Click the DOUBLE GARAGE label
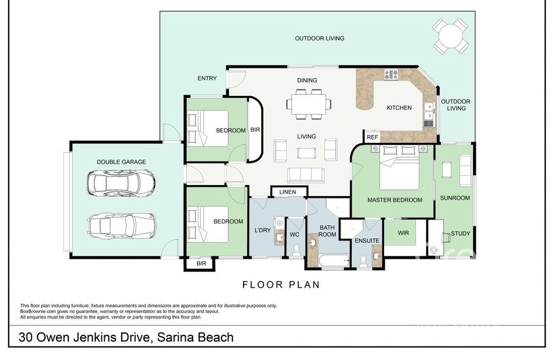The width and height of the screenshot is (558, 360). pos(121,162)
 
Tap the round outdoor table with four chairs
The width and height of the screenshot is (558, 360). pos(450,36)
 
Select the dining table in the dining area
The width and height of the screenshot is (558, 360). pos(309,104)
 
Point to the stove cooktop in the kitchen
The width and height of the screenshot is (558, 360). pos(391,74)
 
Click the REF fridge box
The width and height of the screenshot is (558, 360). pos(372,137)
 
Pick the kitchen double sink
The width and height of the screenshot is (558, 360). pos(429,111)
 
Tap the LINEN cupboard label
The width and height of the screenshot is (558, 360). pos(287,192)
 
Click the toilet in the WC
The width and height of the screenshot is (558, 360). pos(296,250)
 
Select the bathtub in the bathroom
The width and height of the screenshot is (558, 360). pos(334,261)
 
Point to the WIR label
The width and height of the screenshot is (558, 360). pos(403,233)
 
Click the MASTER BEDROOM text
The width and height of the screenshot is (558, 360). pos(395,200)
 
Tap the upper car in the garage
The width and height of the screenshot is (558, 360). pos(121,183)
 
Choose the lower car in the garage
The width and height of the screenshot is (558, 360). pos(121,225)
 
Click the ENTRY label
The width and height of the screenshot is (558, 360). pos(207,78)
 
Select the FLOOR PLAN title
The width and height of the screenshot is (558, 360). pos(281,284)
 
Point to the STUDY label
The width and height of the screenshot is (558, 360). pos(460,234)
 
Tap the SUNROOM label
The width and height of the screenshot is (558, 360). pos(455,198)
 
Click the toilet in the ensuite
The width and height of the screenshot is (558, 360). pos(364,261)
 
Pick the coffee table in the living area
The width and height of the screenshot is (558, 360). pos(306,153)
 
